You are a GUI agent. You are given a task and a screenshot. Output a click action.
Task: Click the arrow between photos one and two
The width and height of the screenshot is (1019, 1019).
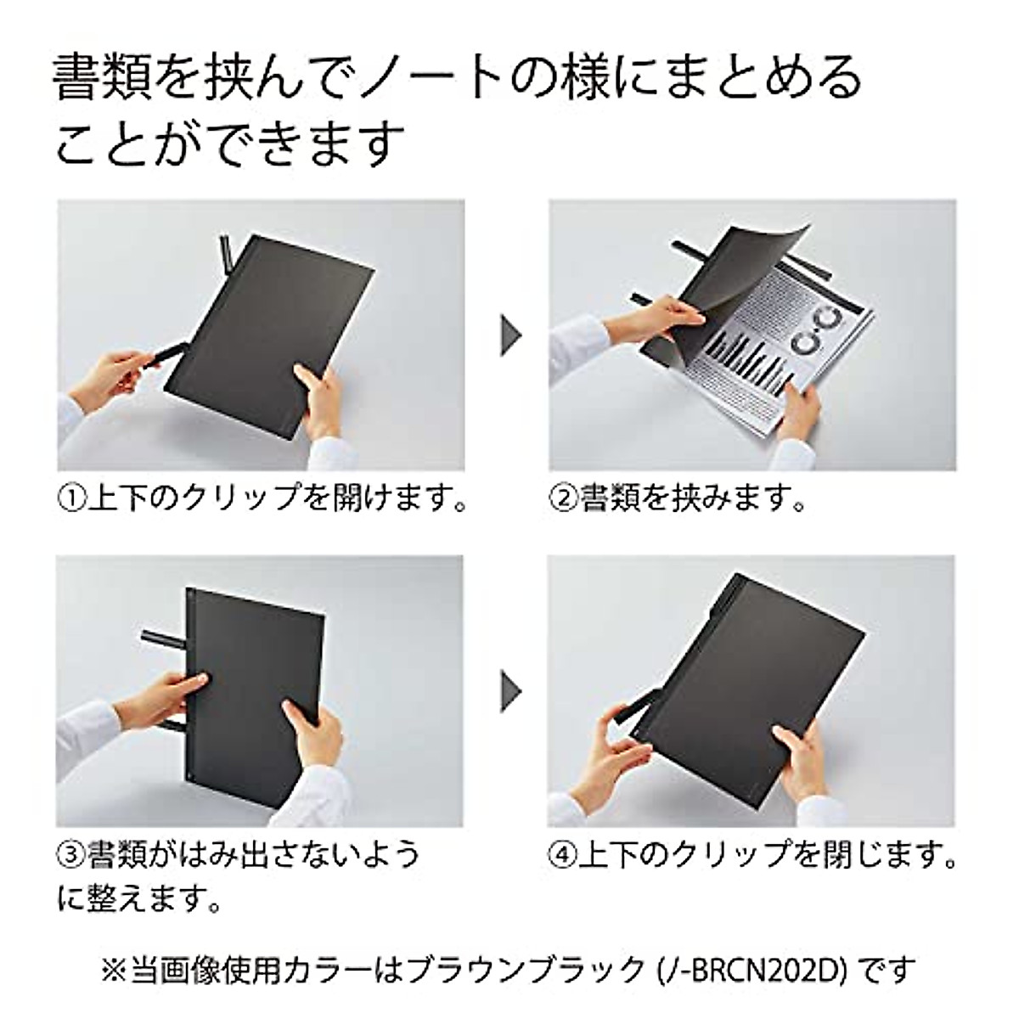coord(509,335)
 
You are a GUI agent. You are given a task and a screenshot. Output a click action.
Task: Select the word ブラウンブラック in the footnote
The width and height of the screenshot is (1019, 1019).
coord(552,969)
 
